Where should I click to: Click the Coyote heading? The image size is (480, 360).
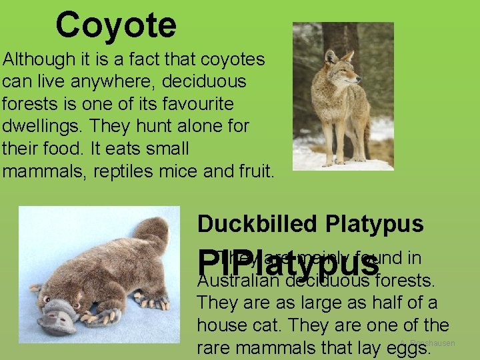point(116,25)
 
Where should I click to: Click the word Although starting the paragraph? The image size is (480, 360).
point(39,59)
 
